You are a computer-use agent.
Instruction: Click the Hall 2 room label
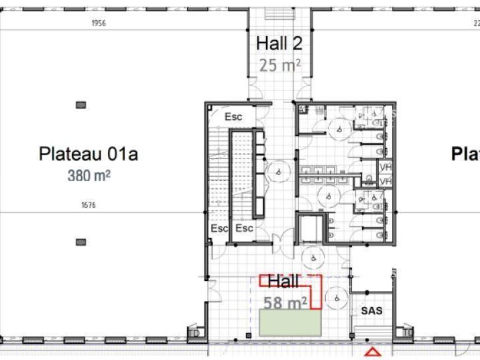point(279,44)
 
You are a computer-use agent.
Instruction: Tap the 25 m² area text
point(279,66)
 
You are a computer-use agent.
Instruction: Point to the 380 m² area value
point(88,176)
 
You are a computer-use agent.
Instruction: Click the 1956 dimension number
point(99,23)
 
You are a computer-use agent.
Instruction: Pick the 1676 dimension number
point(88,205)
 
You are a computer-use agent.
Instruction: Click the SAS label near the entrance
point(371,311)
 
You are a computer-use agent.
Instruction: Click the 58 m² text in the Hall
point(285,303)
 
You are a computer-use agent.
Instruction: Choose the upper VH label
point(385,168)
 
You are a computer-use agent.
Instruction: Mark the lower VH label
point(385,182)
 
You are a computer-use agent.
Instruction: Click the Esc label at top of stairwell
point(233,117)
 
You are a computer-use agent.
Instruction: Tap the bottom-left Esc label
point(219,229)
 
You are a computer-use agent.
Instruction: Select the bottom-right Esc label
point(244,229)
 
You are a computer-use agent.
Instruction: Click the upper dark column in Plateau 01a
point(80,105)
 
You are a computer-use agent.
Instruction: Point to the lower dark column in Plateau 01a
point(80,241)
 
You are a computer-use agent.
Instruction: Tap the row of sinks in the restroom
point(324,176)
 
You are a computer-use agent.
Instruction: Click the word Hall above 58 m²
point(284,282)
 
